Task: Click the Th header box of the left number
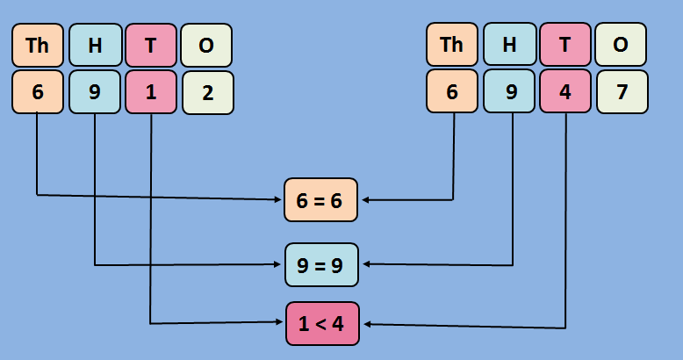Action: coord(38,46)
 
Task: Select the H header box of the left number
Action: coord(95,46)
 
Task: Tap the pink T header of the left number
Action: coord(151,46)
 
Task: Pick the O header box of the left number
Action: coord(206,46)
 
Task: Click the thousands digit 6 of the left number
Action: coord(38,92)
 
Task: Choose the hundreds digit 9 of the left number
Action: coord(95,92)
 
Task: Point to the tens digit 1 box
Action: coord(151,92)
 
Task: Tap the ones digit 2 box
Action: coord(208,92)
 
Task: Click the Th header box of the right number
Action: coord(451,46)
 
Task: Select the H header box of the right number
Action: coord(509,46)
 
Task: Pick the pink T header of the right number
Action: coord(565,46)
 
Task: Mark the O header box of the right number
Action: coord(621,46)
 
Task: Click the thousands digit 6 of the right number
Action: coord(452,92)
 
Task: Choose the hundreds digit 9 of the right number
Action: coord(509,92)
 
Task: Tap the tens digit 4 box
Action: coord(565,92)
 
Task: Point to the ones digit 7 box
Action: coord(622,92)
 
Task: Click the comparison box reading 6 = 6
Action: coord(321,200)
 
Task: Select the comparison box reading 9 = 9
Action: coord(321,264)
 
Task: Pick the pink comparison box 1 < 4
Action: coord(322,323)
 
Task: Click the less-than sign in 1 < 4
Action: coord(322,324)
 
